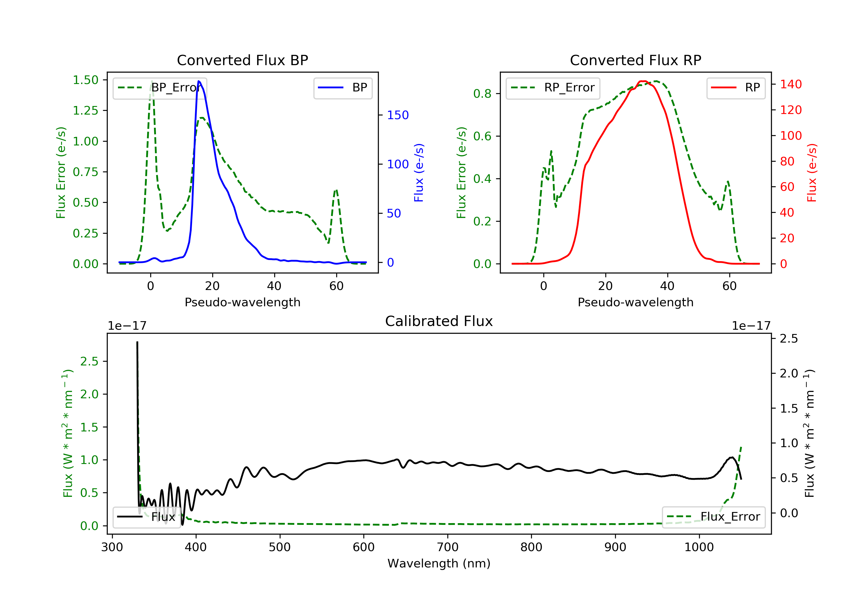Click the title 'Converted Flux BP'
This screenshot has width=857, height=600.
(242, 60)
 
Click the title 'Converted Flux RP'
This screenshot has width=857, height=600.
(635, 60)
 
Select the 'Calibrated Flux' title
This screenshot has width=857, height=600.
(439, 321)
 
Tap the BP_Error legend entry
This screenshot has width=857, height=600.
(160, 88)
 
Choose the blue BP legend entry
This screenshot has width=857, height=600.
(343, 88)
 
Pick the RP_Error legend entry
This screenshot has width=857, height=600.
(553, 88)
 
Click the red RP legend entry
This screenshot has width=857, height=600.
(736, 88)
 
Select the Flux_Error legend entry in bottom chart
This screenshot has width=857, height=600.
(713, 517)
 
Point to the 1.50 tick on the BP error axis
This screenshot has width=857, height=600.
(85, 80)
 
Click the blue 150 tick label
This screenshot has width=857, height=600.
(398, 115)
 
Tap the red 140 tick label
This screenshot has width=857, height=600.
(791, 84)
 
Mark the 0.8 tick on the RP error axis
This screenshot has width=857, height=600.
(482, 93)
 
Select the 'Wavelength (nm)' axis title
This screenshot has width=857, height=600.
(439, 563)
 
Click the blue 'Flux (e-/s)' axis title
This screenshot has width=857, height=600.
(419, 173)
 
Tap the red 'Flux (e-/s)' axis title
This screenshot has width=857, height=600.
(812, 173)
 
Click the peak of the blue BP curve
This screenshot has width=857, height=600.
(199, 81)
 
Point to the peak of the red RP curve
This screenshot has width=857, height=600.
(643, 81)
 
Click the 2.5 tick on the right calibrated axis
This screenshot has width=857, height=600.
(789, 338)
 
